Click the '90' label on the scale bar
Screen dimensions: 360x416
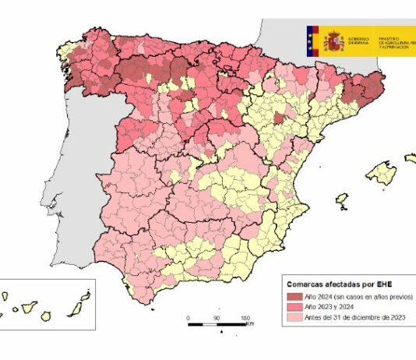(x=216, y=318)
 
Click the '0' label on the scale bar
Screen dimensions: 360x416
(x=189, y=318)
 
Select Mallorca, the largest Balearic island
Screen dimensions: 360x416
(x=381, y=171)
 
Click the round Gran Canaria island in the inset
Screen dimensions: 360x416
(x=46, y=315)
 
